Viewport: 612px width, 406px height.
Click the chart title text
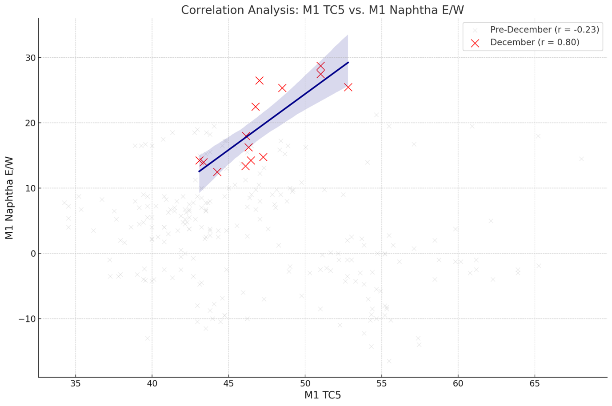coord(322,10)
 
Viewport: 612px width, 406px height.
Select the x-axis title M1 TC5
coord(322,395)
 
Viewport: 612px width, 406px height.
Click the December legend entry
coord(535,43)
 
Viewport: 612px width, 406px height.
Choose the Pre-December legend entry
coord(544,30)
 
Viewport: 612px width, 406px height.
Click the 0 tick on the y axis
coord(32,254)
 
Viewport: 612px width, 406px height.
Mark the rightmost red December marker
coord(348,87)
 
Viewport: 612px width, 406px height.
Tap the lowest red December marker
coord(217,172)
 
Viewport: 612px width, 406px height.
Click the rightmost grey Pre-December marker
coord(581,159)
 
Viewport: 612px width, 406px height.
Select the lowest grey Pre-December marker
coord(389,361)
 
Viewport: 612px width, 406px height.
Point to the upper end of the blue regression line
coord(348,62)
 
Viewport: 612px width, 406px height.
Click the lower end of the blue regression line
coord(199,171)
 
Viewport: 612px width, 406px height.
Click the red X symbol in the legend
coord(475,43)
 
